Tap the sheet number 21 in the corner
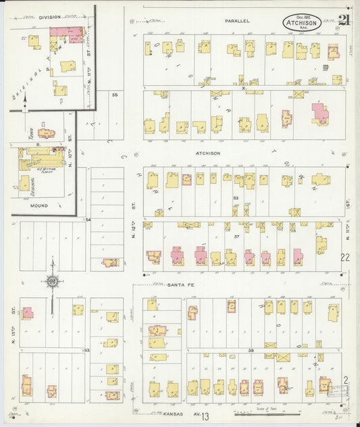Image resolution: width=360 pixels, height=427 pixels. [x=344, y=20]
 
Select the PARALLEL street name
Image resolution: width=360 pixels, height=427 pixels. [x=237, y=21]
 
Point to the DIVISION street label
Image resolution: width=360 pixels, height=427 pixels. [x=49, y=16]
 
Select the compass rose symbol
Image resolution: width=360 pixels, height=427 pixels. [x=51, y=282]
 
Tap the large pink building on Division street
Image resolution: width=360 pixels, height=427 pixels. [x=66, y=34]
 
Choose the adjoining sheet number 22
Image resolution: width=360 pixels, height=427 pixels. [x=345, y=257]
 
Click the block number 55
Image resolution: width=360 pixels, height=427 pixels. [x=115, y=95]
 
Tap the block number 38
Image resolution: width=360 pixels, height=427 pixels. [x=250, y=350]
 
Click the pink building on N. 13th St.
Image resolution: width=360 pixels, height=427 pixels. [x=28, y=313]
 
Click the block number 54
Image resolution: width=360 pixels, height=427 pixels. [x=88, y=220]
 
